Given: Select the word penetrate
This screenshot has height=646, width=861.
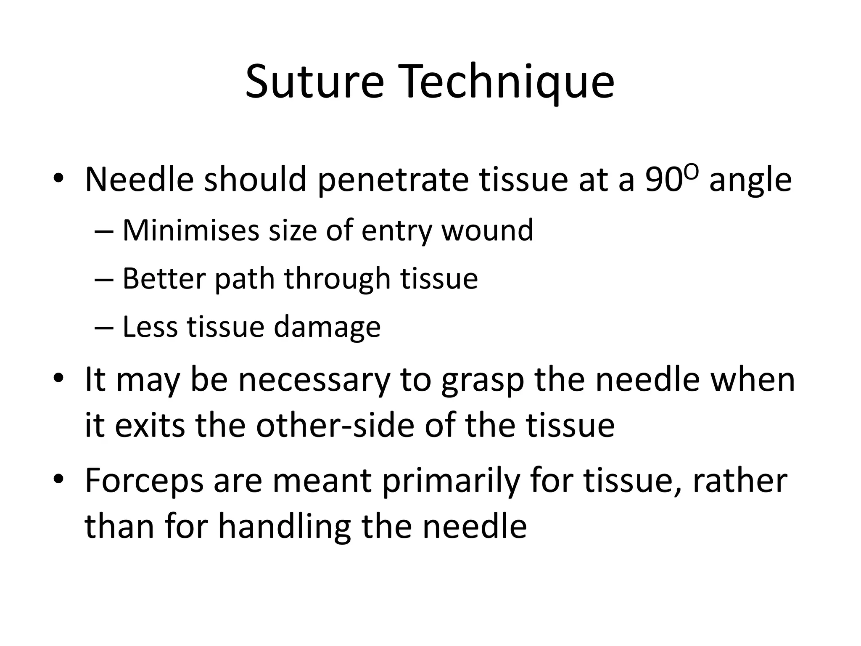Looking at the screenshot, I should [393, 180].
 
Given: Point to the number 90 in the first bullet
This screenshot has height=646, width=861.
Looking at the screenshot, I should [662, 180].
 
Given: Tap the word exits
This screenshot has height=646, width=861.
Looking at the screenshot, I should [150, 425].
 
